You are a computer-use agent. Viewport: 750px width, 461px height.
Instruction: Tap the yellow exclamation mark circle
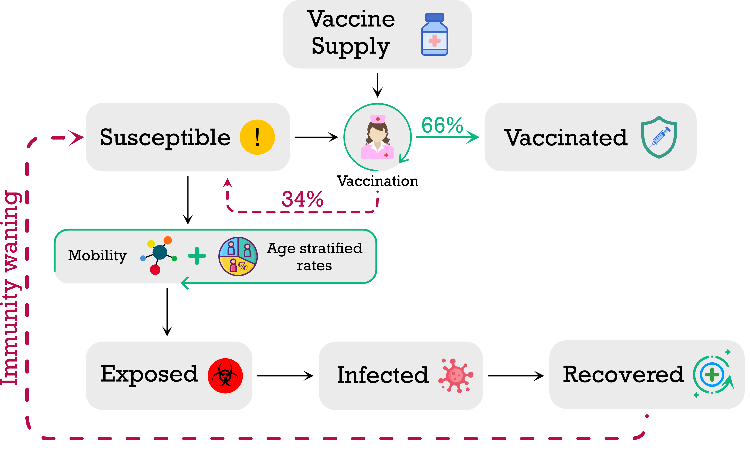(x=257, y=137)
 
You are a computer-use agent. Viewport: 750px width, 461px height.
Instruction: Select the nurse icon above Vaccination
(x=377, y=137)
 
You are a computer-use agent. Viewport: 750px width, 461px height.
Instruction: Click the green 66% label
(x=442, y=125)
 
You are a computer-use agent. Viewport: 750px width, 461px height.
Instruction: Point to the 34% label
(x=302, y=199)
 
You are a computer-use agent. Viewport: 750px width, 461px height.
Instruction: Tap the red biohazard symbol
(x=225, y=376)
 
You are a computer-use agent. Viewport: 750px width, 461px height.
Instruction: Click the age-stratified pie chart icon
(x=238, y=256)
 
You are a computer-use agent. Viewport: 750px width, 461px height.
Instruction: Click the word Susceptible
(x=165, y=137)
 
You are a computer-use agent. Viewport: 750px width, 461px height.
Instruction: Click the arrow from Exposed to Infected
(x=285, y=376)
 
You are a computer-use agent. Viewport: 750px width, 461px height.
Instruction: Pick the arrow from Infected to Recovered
(x=515, y=376)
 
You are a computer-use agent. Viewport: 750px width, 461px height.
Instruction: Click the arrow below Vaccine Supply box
(x=377, y=85)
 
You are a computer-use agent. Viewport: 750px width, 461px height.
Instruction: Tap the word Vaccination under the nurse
(x=377, y=181)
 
